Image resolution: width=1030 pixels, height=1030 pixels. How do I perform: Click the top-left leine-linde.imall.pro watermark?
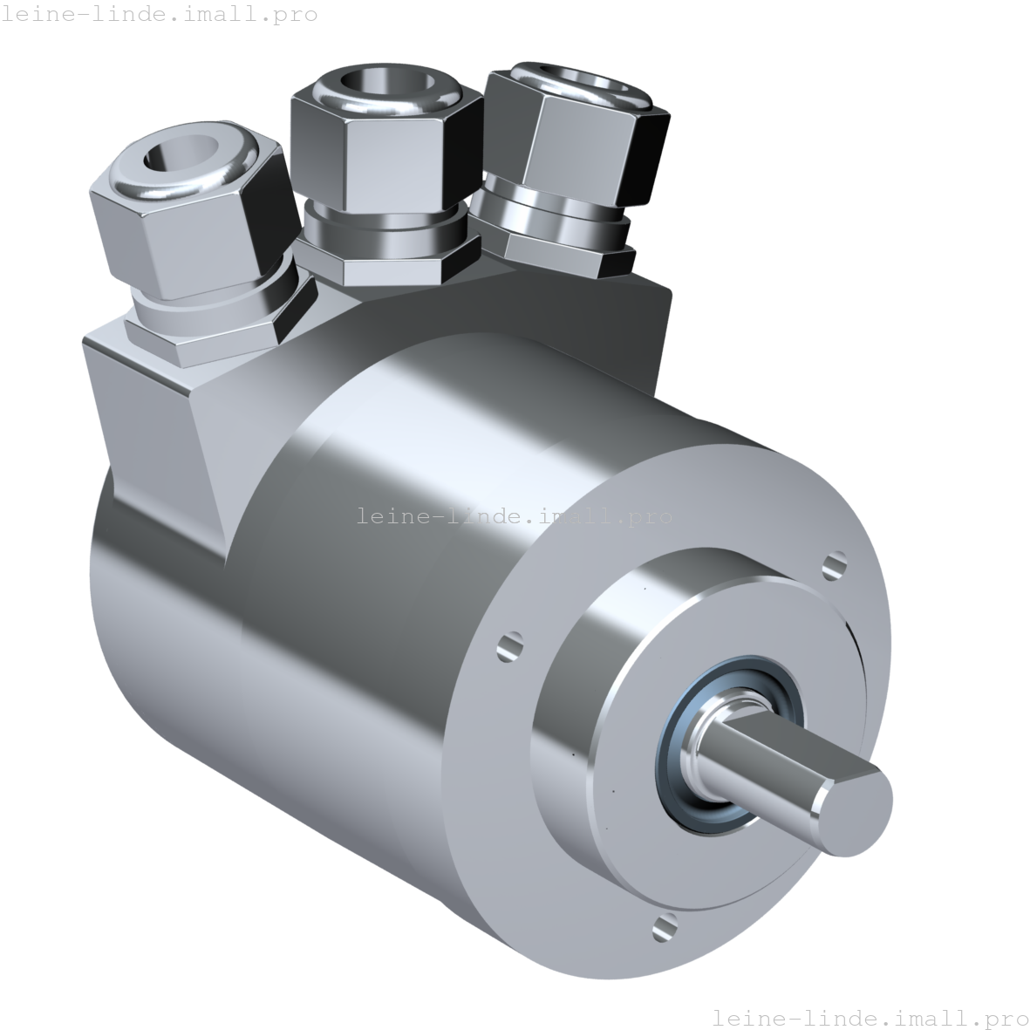pyautogui.click(x=159, y=14)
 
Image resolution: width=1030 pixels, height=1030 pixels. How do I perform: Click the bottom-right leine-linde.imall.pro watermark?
pyautogui.click(x=870, y=1017)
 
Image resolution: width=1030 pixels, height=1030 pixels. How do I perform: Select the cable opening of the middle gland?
pyautogui.click(x=375, y=85)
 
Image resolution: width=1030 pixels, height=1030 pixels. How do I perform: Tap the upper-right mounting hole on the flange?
pyautogui.click(x=835, y=564)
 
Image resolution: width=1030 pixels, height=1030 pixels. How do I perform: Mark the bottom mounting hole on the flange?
pyautogui.click(x=664, y=928)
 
